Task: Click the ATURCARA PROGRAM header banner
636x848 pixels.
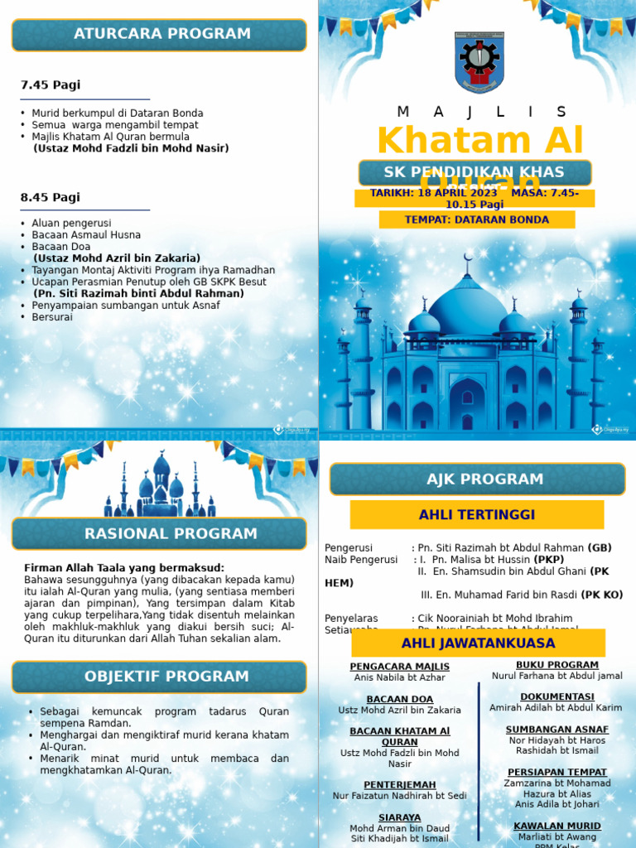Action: tap(159, 35)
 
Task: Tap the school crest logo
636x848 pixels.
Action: tap(479, 62)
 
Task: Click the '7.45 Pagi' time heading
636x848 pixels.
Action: tap(51, 85)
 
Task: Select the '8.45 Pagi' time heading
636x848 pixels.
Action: tap(51, 198)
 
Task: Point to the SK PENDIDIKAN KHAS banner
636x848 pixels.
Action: tap(475, 172)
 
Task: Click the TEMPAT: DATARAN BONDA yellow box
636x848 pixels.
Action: tap(477, 219)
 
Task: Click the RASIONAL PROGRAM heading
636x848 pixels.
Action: tap(159, 534)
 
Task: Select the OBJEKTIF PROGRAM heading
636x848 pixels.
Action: tap(159, 677)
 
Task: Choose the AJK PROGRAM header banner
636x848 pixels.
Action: tap(477, 479)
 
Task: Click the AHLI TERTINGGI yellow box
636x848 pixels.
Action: tap(477, 515)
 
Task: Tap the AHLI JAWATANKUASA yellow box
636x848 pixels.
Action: tap(478, 643)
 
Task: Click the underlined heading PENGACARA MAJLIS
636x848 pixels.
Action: tap(400, 667)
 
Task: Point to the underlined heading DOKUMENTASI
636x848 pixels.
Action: tap(556, 696)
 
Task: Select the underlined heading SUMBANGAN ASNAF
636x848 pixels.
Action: tap(556, 730)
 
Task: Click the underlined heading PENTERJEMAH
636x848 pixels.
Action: tap(400, 784)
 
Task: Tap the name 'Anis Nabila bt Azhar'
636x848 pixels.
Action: tap(400, 678)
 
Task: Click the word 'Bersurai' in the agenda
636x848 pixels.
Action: tap(52, 317)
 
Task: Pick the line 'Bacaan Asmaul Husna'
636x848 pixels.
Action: tap(86, 235)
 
